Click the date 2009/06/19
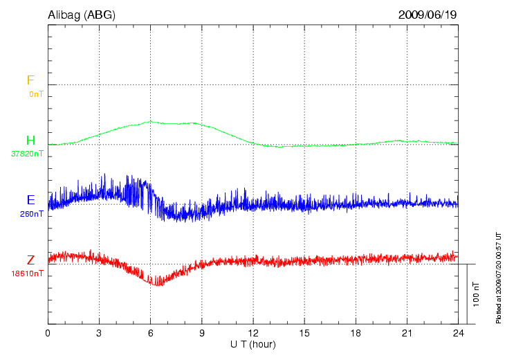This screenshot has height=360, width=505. (x=428, y=14)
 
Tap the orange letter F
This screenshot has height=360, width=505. (x=30, y=81)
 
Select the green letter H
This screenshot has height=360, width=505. (x=30, y=141)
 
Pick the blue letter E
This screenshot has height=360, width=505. (x=30, y=200)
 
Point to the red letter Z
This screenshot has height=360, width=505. (x=30, y=260)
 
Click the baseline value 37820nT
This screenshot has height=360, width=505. (x=28, y=154)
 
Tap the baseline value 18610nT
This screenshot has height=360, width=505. (x=28, y=273)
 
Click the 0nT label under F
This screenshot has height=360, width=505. (x=35, y=93)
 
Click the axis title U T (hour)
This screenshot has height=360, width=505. (x=253, y=344)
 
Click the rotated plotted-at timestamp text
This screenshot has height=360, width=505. (x=498, y=277)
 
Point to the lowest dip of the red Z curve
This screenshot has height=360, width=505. (x=158, y=284)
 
